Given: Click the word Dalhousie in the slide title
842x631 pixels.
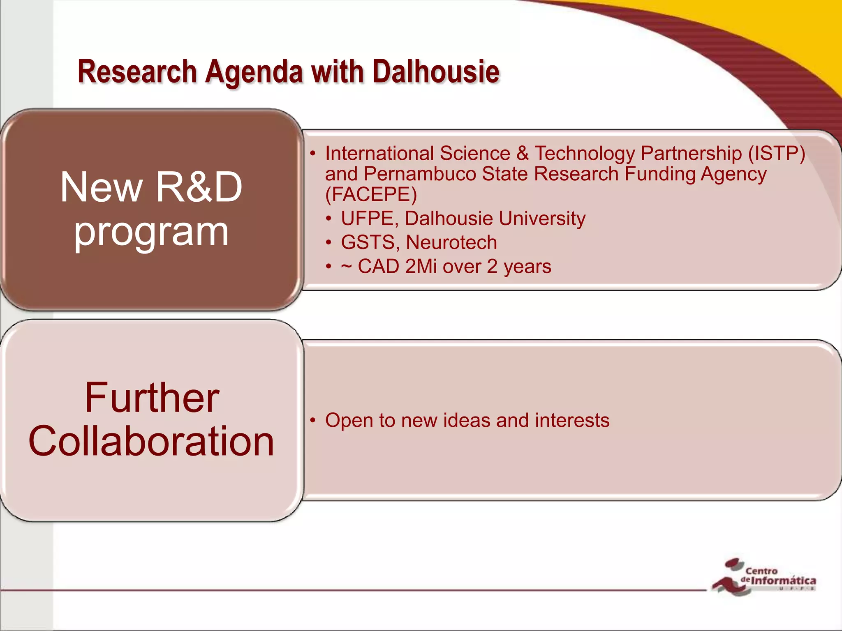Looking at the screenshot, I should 436,72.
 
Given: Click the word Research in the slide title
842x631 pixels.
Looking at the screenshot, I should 137,72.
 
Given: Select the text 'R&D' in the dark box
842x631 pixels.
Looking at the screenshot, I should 199,187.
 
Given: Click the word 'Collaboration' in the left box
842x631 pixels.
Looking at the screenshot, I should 151,441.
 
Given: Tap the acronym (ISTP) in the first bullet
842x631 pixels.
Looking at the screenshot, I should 776,154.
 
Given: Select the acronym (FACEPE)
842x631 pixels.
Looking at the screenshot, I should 371,194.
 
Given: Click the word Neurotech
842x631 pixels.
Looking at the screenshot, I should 451,242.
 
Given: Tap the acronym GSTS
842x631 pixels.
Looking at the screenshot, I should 368,242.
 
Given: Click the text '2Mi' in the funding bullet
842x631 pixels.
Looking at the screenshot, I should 421,267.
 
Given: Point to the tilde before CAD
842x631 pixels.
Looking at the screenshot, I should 346,267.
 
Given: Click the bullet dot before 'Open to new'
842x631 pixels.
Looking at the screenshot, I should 313,420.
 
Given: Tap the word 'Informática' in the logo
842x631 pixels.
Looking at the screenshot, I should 783,581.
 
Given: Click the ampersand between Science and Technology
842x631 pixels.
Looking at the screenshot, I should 522,154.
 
